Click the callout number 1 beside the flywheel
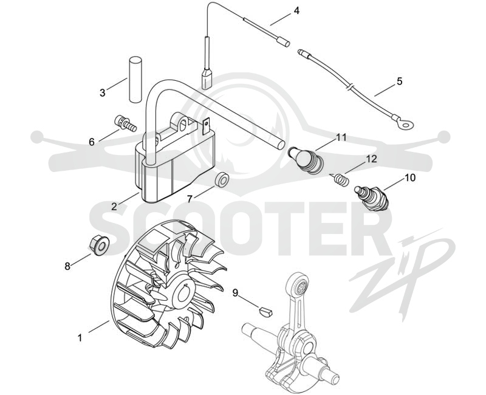80,337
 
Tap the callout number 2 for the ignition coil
114,207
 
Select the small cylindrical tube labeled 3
135,79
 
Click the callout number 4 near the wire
296,10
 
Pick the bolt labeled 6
125,123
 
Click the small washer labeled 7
222,180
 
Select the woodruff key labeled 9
265,311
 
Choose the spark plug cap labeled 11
304,159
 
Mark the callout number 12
371,159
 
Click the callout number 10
409,178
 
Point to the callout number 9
236,293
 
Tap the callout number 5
399,81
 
